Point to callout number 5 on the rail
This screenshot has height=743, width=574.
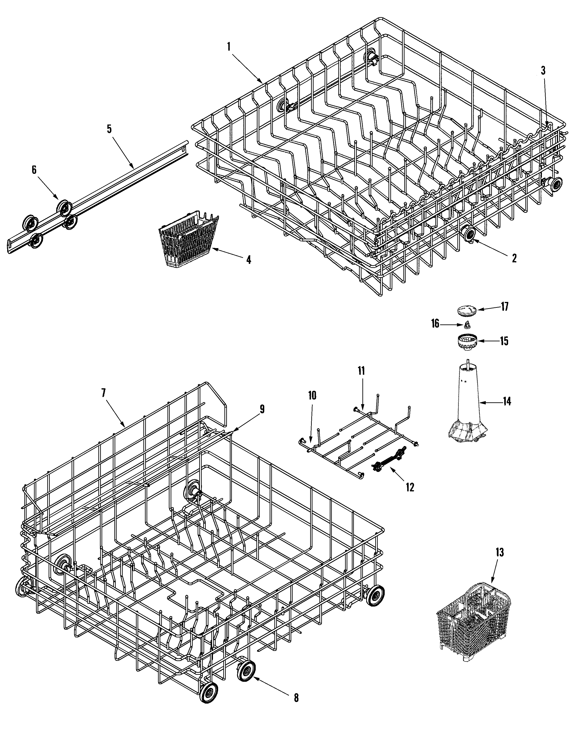109,129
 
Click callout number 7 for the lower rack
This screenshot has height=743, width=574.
103,393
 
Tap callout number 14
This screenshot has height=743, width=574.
507,402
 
